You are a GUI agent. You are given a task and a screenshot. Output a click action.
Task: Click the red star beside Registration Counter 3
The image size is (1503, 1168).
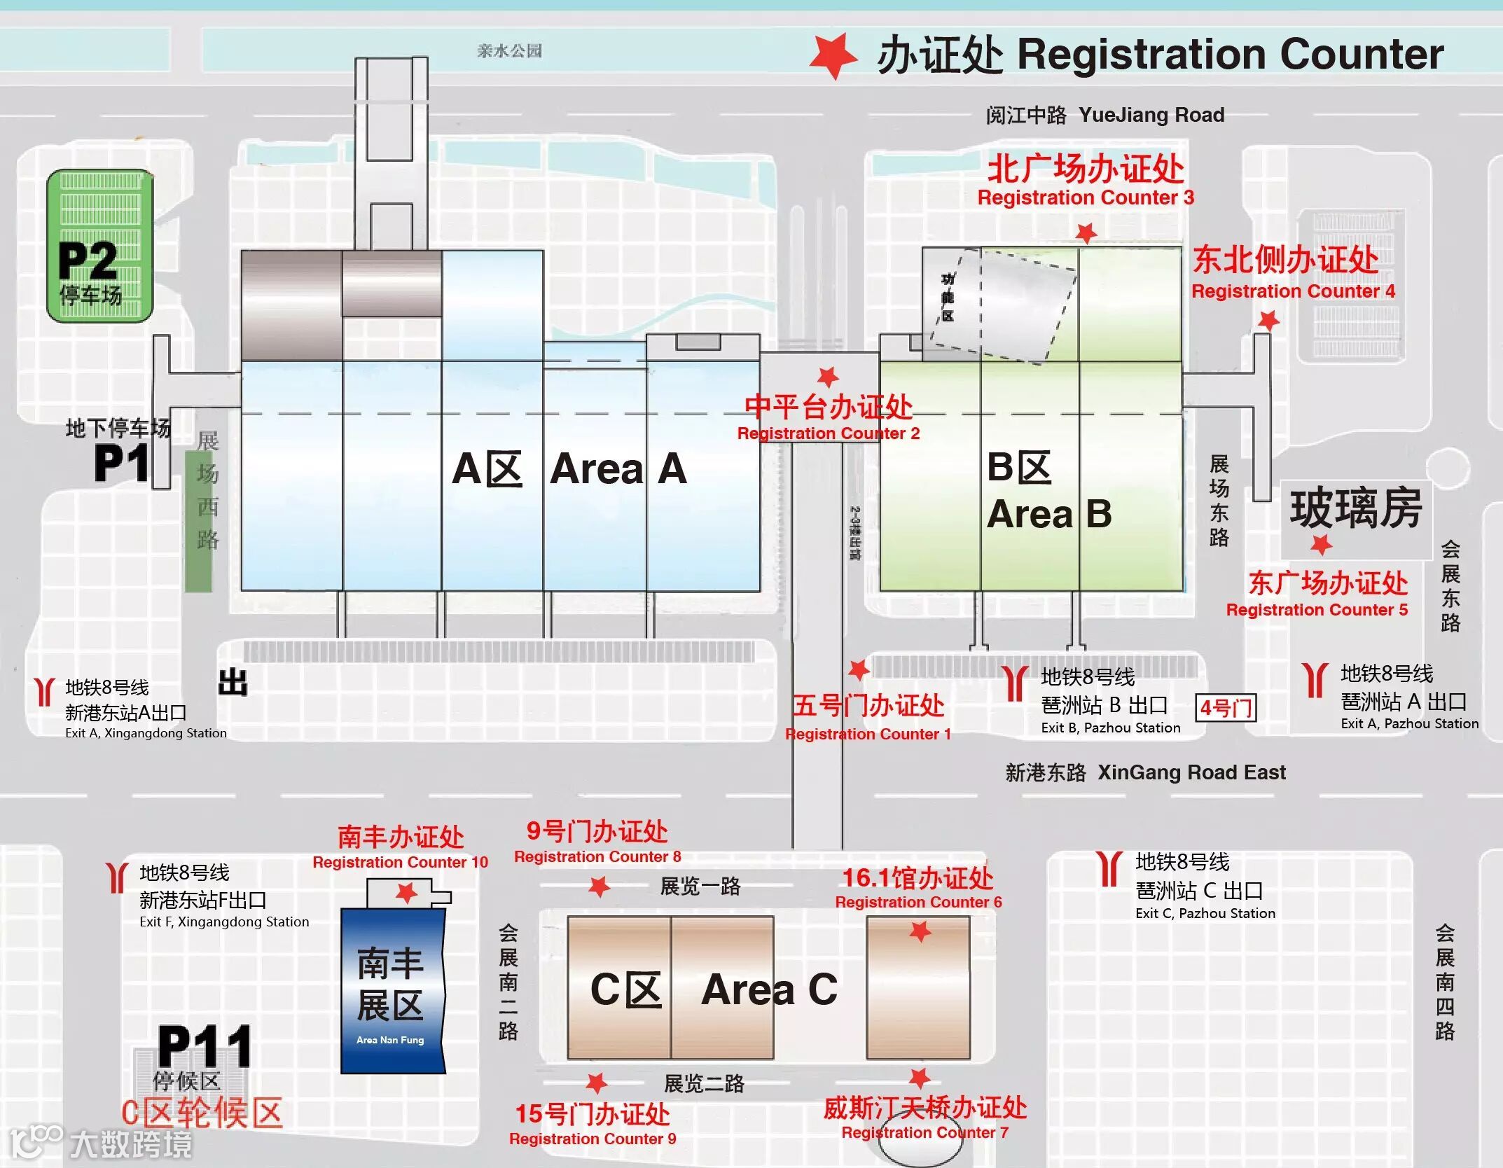pos(1086,232)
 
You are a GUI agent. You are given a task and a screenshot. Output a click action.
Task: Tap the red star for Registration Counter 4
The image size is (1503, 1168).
pos(1268,321)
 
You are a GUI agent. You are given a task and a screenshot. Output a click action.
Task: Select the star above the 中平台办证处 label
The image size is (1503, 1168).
pos(828,377)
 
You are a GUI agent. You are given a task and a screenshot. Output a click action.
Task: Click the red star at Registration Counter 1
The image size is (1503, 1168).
pos(859,670)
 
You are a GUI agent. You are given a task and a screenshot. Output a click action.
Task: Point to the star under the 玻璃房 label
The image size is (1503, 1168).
pos(1321,544)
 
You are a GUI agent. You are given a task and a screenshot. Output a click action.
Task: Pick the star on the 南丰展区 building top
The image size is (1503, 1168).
pos(406,893)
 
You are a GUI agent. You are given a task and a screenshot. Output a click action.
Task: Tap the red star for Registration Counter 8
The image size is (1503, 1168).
pos(599,887)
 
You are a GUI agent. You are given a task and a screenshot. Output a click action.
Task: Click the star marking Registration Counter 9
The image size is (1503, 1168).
pos(596,1083)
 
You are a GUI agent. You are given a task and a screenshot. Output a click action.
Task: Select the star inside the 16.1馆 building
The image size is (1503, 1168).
pos(920,931)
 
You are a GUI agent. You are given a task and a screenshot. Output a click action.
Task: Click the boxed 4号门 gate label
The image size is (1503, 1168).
pos(1226,707)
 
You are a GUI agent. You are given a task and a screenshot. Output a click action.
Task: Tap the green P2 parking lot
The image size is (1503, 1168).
pos(99,245)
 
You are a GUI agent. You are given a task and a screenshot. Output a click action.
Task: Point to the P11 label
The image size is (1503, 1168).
pos(205,1047)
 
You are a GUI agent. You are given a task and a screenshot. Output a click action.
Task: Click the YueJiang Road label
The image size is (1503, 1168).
pos(1151,115)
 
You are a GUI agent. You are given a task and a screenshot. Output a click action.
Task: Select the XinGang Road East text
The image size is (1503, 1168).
pos(1191,772)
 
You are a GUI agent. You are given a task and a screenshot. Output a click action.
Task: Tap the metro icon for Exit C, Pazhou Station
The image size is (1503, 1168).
pos(1109,869)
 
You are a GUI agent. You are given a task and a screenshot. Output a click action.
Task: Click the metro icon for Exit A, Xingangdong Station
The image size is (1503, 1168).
pos(44,691)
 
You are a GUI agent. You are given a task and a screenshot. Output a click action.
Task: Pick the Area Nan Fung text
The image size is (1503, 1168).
pos(390,1040)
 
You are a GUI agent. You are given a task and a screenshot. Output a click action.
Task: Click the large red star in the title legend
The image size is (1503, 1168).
pos(833,55)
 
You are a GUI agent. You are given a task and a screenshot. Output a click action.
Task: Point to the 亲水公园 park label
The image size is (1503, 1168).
pos(509,50)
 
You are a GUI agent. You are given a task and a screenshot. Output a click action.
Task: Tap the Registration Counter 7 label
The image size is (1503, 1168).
pos(924,1132)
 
